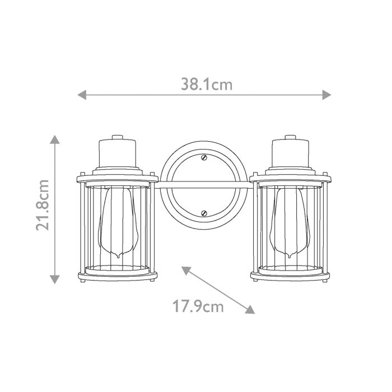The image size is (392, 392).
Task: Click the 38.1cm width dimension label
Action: [206, 85]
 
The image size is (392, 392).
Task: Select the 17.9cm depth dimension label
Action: [198, 306]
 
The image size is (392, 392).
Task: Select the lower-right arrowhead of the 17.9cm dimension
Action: [251, 310]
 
